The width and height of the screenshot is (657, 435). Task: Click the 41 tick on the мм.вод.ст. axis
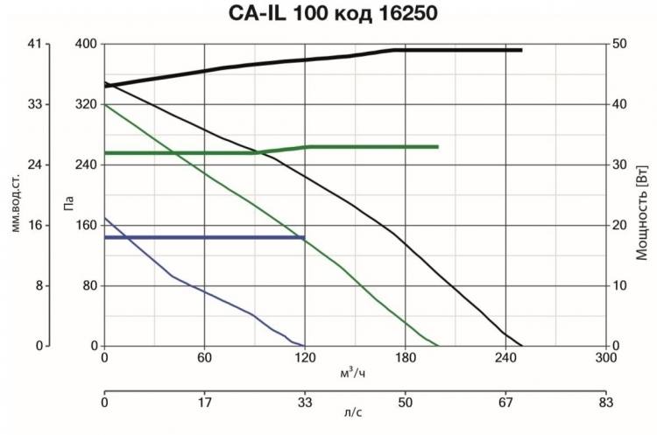[x=36, y=44]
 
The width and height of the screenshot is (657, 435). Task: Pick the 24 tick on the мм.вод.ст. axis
[x=36, y=165]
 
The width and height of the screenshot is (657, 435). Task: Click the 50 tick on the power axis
[x=618, y=44]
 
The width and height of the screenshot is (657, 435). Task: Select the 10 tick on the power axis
[x=618, y=286]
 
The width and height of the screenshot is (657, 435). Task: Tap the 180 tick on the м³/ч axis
[x=405, y=358]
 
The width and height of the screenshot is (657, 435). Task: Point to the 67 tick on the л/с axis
[x=505, y=403]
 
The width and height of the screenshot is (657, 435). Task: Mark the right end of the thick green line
[x=437, y=146]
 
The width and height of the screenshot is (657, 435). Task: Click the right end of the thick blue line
[x=304, y=237]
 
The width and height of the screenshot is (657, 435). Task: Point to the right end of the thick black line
[x=521, y=50]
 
